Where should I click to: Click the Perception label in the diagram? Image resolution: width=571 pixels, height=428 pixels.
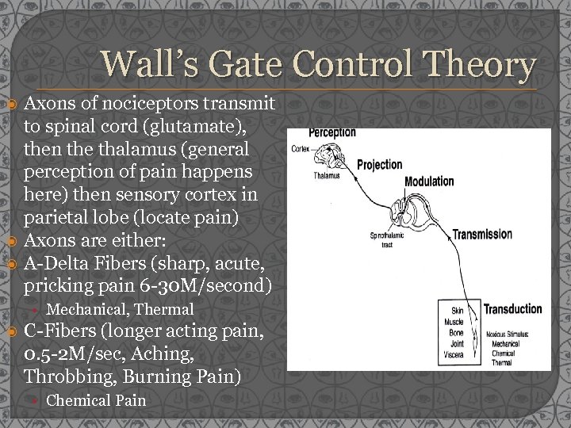click(331, 132)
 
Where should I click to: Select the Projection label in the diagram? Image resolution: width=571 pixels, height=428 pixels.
click(379, 166)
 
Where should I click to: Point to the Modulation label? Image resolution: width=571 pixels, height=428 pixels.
click(429, 182)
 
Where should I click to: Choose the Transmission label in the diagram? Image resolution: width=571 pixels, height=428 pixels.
click(482, 235)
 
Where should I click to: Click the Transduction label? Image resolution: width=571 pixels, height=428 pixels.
click(512, 309)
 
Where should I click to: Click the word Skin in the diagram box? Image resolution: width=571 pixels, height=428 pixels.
click(457, 311)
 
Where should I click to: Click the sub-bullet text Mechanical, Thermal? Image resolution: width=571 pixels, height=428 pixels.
click(120, 309)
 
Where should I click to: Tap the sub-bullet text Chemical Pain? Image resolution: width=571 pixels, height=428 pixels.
click(96, 400)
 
